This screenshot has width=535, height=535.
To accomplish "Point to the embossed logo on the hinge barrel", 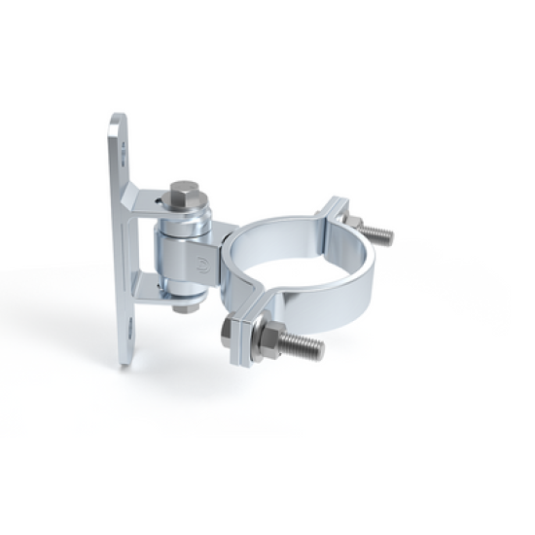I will tap(201, 261).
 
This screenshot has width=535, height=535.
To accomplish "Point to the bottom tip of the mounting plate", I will tap(125, 361).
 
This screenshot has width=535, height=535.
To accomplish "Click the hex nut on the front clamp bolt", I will tap(265, 337).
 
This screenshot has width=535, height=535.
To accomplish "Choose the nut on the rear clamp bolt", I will tap(352, 223).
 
